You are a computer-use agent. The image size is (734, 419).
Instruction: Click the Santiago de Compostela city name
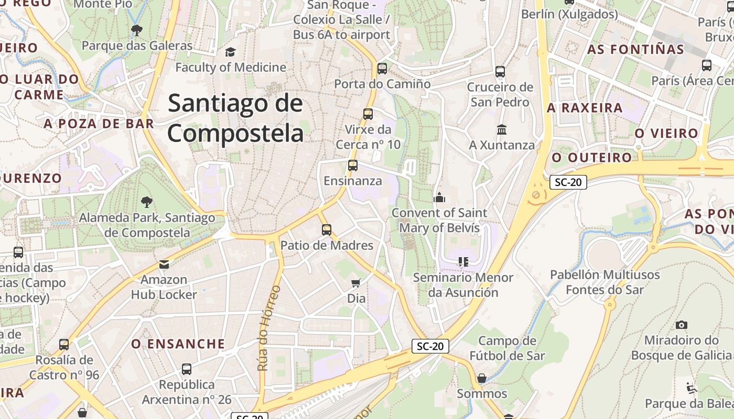235,118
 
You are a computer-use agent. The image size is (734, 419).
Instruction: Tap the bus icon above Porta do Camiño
382,69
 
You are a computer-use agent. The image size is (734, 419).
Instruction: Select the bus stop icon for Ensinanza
353,166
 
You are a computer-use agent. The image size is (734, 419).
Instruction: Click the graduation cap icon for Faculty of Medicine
230,52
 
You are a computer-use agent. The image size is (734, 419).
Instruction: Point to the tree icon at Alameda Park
146,202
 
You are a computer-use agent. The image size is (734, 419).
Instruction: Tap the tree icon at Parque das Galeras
137,30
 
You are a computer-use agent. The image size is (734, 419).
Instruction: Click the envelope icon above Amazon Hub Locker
164,264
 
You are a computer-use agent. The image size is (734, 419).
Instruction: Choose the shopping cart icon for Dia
356,283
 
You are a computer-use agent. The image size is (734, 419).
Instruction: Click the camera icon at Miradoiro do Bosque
681,325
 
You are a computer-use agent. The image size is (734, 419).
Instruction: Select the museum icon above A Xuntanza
502,129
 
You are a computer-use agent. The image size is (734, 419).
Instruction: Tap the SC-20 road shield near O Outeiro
568,182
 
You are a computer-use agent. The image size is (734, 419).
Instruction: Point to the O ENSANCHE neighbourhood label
178,344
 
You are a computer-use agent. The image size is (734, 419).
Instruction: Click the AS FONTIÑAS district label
635,50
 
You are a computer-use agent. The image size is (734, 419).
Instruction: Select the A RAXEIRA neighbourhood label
585,108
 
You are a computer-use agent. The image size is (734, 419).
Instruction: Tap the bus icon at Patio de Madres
327,230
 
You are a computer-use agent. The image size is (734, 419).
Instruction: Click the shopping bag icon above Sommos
482,378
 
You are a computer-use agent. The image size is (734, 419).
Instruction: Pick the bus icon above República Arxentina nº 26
187,369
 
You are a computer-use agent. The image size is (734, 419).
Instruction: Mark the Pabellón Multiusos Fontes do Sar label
605,282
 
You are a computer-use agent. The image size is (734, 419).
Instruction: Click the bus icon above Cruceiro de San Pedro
500,72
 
